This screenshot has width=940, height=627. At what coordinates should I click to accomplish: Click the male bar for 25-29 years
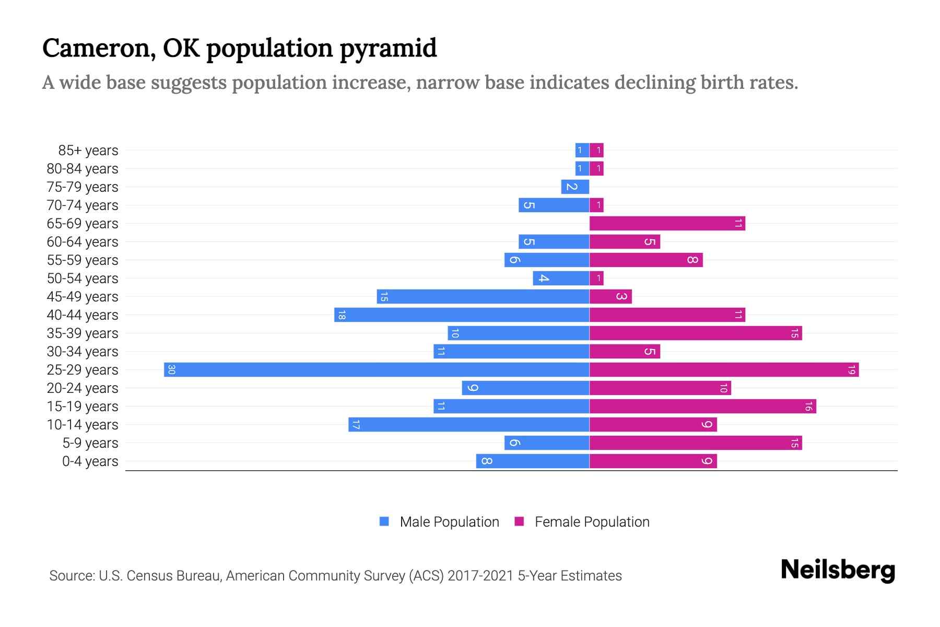pyautogui.click(x=377, y=370)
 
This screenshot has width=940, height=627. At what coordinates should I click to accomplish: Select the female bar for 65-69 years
pyautogui.click(x=667, y=224)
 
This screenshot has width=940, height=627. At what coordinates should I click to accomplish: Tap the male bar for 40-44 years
pyautogui.click(x=462, y=315)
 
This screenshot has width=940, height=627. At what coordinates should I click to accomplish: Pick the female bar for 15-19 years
pyautogui.click(x=702, y=407)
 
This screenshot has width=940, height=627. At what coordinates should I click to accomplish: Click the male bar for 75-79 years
pyautogui.click(x=575, y=187)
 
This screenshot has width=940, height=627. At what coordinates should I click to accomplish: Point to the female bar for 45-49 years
pyautogui.click(x=610, y=297)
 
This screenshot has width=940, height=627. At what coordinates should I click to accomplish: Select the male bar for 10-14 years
pyautogui.click(x=469, y=425)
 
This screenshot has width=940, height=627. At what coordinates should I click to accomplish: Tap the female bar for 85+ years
pyautogui.click(x=596, y=150)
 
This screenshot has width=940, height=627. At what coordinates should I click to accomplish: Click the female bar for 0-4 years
pyautogui.click(x=653, y=461)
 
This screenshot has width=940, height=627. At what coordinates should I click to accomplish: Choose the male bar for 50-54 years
pyautogui.click(x=561, y=278)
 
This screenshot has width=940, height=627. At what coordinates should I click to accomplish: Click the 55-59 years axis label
pyautogui.click(x=83, y=260)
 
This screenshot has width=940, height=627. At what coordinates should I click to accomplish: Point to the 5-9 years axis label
pyautogui.click(x=90, y=443)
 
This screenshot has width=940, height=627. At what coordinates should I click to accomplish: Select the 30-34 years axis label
pyautogui.click(x=83, y=352)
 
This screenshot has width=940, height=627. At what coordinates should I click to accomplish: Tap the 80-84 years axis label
pyautogui.click(x=83, y=169)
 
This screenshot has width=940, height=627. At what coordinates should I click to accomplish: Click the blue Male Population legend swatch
pyautogui.click(x=384, y=521)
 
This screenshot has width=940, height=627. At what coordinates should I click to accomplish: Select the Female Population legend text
pyautogui.click(x=592, y=522)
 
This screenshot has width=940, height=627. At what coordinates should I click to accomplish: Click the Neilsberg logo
pyautogui.click(x=838, y=570)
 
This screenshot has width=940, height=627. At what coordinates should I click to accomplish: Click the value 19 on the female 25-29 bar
pyautogui.click(x=851, y=370)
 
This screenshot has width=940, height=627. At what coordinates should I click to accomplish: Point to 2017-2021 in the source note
pyautogui.click(x=480, y=576)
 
